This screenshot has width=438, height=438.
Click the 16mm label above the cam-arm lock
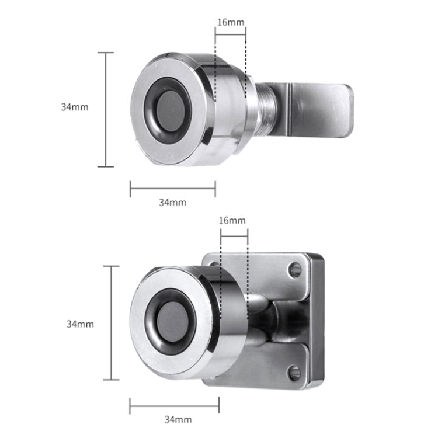230,23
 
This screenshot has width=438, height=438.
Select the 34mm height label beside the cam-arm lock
74,107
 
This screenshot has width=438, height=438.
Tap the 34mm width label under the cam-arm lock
172,202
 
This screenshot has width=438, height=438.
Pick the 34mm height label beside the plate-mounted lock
80,323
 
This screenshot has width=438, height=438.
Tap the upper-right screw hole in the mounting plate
296,270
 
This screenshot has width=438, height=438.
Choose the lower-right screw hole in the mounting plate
295,371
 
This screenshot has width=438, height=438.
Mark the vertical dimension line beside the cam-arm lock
106,109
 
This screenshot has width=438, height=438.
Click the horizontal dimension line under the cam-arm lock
172,188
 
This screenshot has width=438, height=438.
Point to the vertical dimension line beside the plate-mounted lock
111,323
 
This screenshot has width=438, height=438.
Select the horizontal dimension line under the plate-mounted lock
174,405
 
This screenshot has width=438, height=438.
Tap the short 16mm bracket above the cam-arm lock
230,34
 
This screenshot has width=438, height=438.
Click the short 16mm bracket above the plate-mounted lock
234,231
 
